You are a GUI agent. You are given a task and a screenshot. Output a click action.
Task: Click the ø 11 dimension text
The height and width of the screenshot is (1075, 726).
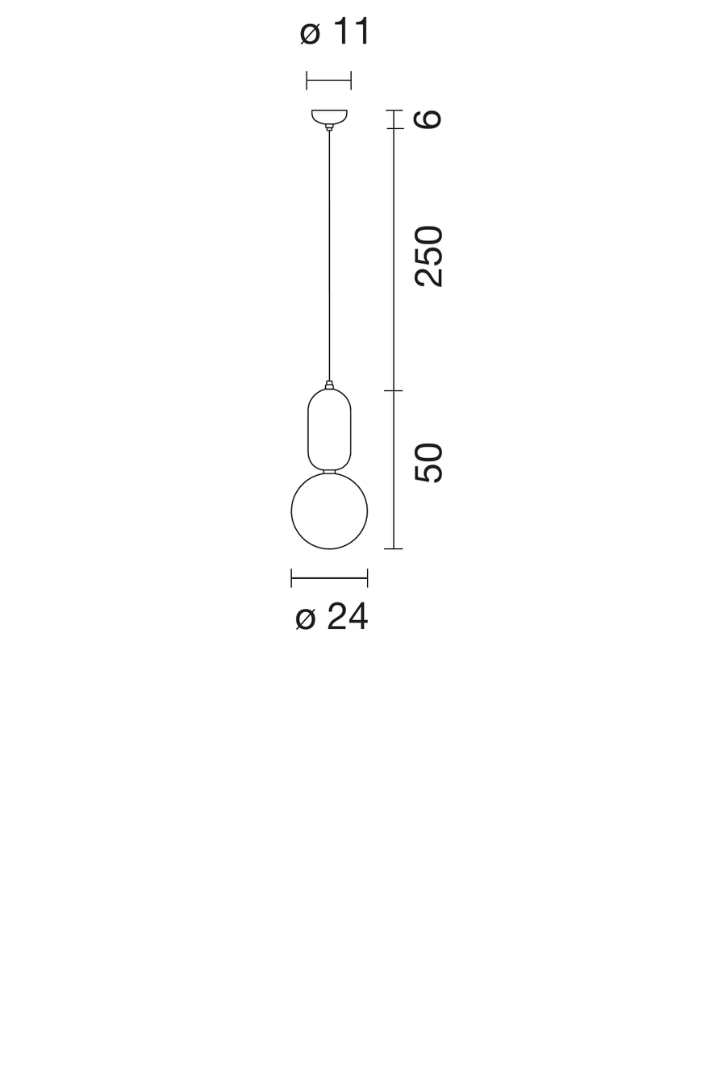335,31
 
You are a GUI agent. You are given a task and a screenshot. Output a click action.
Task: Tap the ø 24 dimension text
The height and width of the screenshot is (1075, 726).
332,616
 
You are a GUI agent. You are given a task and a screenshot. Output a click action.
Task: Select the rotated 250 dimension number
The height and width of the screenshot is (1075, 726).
428,256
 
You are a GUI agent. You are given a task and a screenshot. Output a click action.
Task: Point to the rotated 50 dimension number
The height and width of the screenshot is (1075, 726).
428,462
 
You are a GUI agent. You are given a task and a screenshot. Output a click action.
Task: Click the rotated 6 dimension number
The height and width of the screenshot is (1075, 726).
428,119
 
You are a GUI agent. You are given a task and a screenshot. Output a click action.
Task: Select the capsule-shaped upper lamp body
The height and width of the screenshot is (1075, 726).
308,428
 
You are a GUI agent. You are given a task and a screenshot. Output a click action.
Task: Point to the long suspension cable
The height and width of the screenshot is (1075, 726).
329,256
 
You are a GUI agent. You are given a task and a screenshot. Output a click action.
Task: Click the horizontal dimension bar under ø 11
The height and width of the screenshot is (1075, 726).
329,80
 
